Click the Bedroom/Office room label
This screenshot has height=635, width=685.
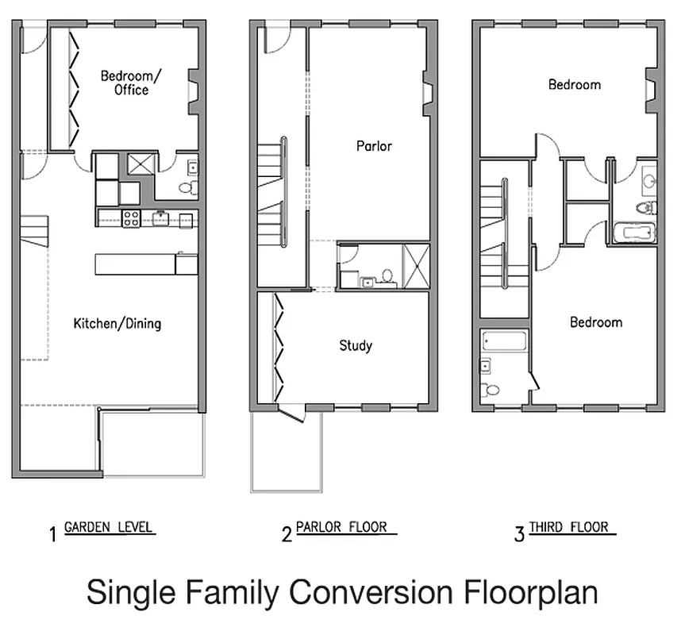pyautogui.click(x=131, y=83)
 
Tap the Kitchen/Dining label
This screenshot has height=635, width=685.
pyautogui.click(x=117, y=323)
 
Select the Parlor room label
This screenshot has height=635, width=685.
pyautogui.click(x=374, y=146)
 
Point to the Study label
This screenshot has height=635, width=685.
pyautogui.click(x=355, y=345)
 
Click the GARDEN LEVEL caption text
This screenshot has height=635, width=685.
pyautogui.click(x=109, y=528)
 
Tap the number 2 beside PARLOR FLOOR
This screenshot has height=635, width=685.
pyautogui.click(x=287, y=534)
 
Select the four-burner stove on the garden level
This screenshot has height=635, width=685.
pyautogui.click(x=131, y=217)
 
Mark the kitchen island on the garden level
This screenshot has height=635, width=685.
pyautogui.click(x=137, y=264)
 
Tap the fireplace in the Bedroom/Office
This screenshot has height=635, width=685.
pyautogui.click(x=193, y=87)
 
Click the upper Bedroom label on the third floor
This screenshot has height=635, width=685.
pyautogui.click(x=574, y=84)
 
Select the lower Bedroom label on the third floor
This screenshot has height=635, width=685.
pyautogui.click(x=595, y=322)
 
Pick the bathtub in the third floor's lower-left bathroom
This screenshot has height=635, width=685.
pyautogui.click(x=504, y=343)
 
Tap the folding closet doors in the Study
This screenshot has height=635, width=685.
pyautogui.click(x=279, y=348)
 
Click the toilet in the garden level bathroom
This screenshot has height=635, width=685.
pyautogui.click(x=187, y=188)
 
